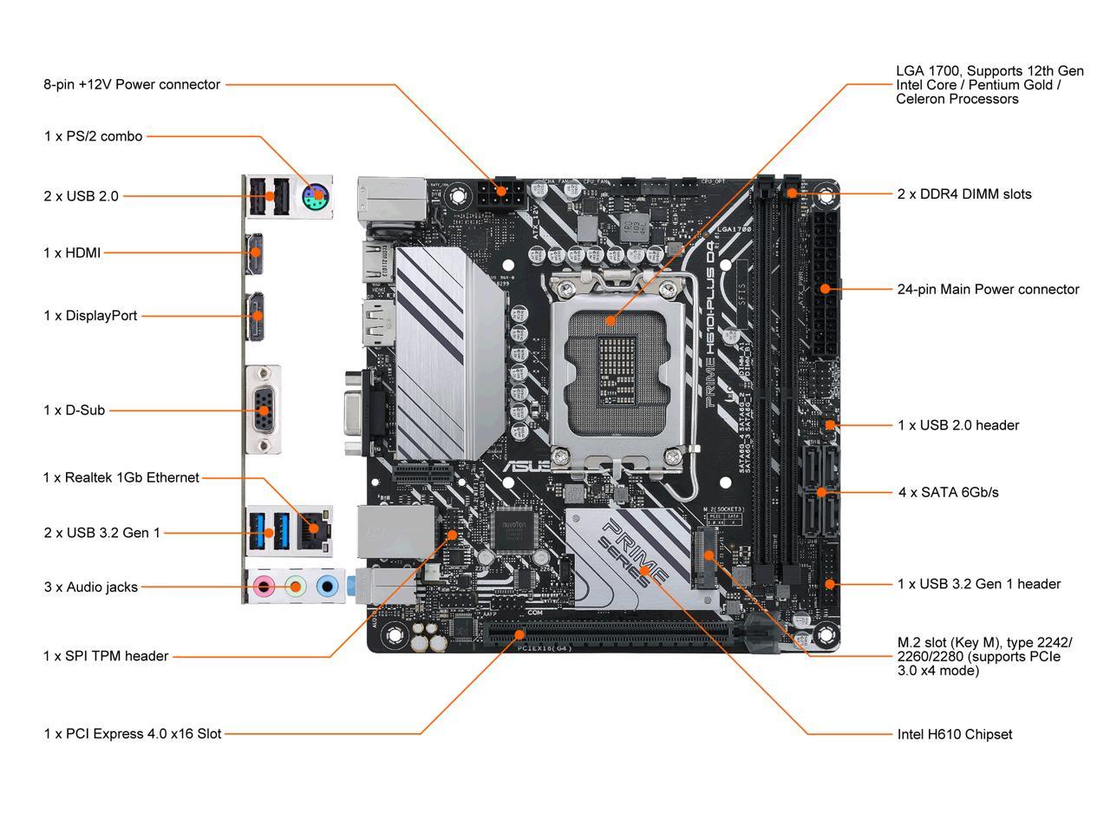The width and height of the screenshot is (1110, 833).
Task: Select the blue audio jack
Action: [x=327, y=587]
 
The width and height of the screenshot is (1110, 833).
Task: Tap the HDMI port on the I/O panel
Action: [x=255, y=253]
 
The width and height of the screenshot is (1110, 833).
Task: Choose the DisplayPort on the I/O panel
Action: [x=257, y=317]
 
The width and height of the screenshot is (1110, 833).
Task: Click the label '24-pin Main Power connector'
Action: [x=988, y=289]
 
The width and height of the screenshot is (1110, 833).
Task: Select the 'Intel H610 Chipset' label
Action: [x=954, y=734]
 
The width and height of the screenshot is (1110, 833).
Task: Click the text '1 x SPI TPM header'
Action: [x=106, y=656]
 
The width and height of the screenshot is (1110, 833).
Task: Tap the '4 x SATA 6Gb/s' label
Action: [x=948, y=492]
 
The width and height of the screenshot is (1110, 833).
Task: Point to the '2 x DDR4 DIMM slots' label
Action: [x=964, y=193]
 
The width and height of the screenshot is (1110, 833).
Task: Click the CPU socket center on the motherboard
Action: [x=610, y=364]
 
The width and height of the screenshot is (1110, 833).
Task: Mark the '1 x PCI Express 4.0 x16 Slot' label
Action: [x=133, y=734]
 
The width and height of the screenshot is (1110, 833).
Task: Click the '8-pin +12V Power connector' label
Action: [x=132, y=84]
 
